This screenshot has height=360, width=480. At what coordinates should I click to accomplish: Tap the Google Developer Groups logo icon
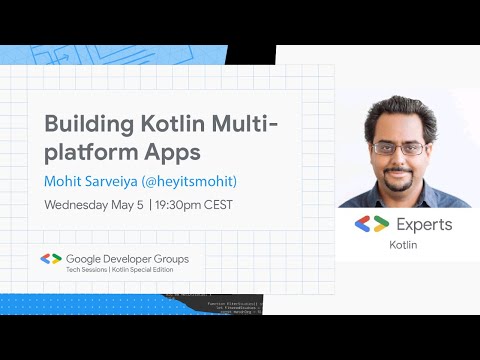click(51, 259)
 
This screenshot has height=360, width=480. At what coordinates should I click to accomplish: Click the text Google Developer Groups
click(127, 258)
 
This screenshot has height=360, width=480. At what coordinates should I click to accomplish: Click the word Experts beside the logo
click(424, 225)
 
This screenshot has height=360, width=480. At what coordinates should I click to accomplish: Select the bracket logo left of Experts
click(372, 225)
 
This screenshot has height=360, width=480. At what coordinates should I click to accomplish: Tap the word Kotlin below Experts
click(405, 245)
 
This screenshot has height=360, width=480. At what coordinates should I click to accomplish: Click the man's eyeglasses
click(398, 147)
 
